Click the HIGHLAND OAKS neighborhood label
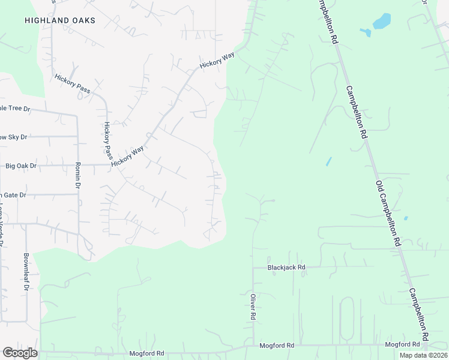coord(60,20)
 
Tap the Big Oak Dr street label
coord(20,166)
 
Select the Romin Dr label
coord(77,175)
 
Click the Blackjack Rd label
coord(287,267)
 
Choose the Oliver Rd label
coord(253,306)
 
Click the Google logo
coord(20,353)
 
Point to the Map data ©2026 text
coord(423,355)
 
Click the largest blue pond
coord(382,22)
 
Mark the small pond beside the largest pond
coord(365,32)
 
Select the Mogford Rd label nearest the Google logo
coord(146,353)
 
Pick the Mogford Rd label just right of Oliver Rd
coord(277,346)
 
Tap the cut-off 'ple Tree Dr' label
coord(15,109)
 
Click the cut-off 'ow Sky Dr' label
coord(14,137)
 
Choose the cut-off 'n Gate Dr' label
coord(13,195)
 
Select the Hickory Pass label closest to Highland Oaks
coord(72,83)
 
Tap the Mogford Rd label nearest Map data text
coord(402,344)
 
